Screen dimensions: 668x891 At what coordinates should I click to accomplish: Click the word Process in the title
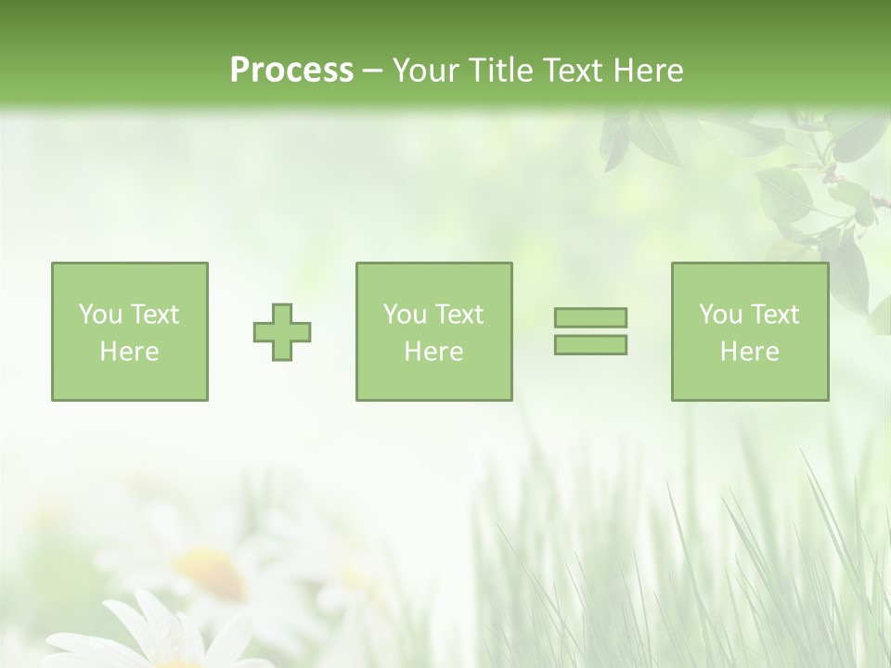[x=291, y=70]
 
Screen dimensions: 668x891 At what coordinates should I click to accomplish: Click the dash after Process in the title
[x=372, y=71]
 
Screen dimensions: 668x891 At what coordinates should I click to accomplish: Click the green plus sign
[x=282, y=332]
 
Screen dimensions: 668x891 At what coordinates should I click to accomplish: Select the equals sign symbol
[x=590, y=331]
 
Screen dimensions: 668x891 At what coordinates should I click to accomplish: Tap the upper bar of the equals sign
[x=590, y=317]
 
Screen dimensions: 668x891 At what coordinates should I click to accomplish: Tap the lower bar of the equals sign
[x=590, y=344]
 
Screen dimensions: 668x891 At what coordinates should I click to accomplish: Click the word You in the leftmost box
[x=100, y=315]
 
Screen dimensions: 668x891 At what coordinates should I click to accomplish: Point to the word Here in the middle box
[x=433, y=352]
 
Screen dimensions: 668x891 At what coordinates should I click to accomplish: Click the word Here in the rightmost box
[x=750, y=352]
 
